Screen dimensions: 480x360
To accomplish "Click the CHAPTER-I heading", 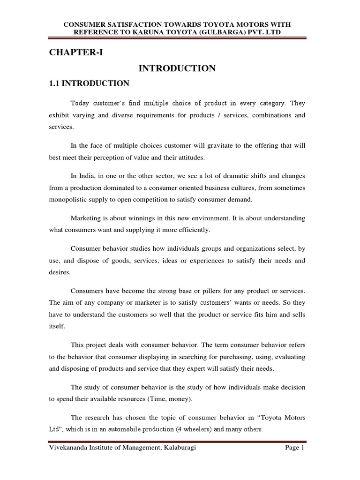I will (x=75, y=52).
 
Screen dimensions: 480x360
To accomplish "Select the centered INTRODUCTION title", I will (x=177, y=68).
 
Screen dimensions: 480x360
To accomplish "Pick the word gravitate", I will (x=191, y=147).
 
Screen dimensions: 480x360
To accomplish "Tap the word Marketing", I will (x=85, y=218).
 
